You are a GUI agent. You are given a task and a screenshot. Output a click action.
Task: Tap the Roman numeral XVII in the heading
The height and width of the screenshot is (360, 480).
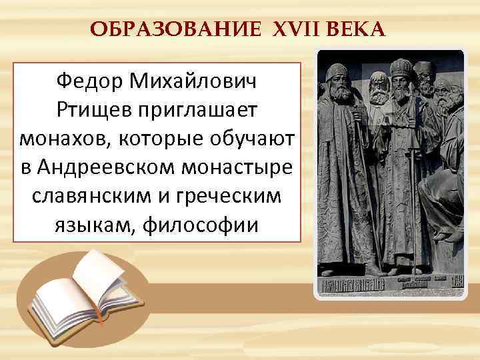(286, 29)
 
